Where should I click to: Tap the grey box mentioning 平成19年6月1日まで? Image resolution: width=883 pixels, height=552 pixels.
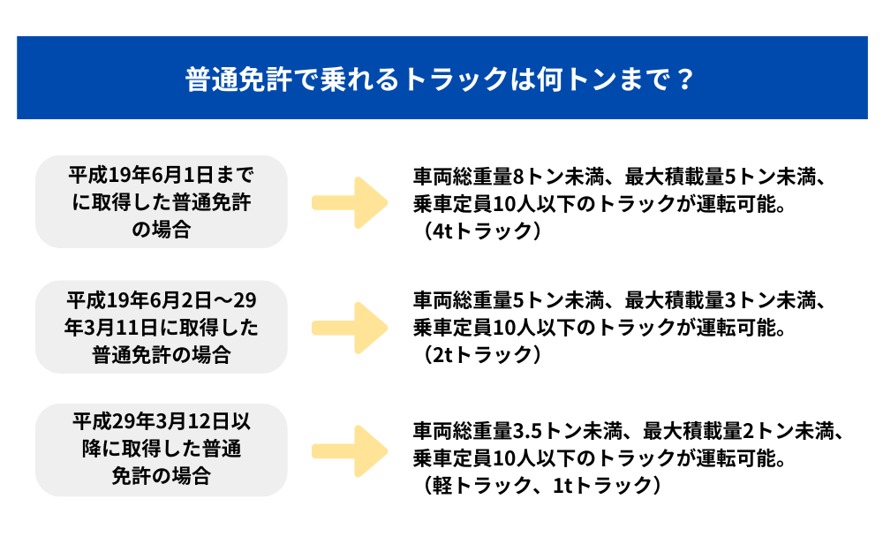(x=161, y=201)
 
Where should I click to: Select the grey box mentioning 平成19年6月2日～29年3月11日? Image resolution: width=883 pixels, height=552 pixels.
(x=161, y=327)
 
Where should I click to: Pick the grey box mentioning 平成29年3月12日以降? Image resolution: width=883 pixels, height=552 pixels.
(x=161, y=449)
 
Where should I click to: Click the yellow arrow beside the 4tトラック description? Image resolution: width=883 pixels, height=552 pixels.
(x=350, y=202)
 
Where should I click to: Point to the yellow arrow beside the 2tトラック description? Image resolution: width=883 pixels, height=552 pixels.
(x=350, y=327)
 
